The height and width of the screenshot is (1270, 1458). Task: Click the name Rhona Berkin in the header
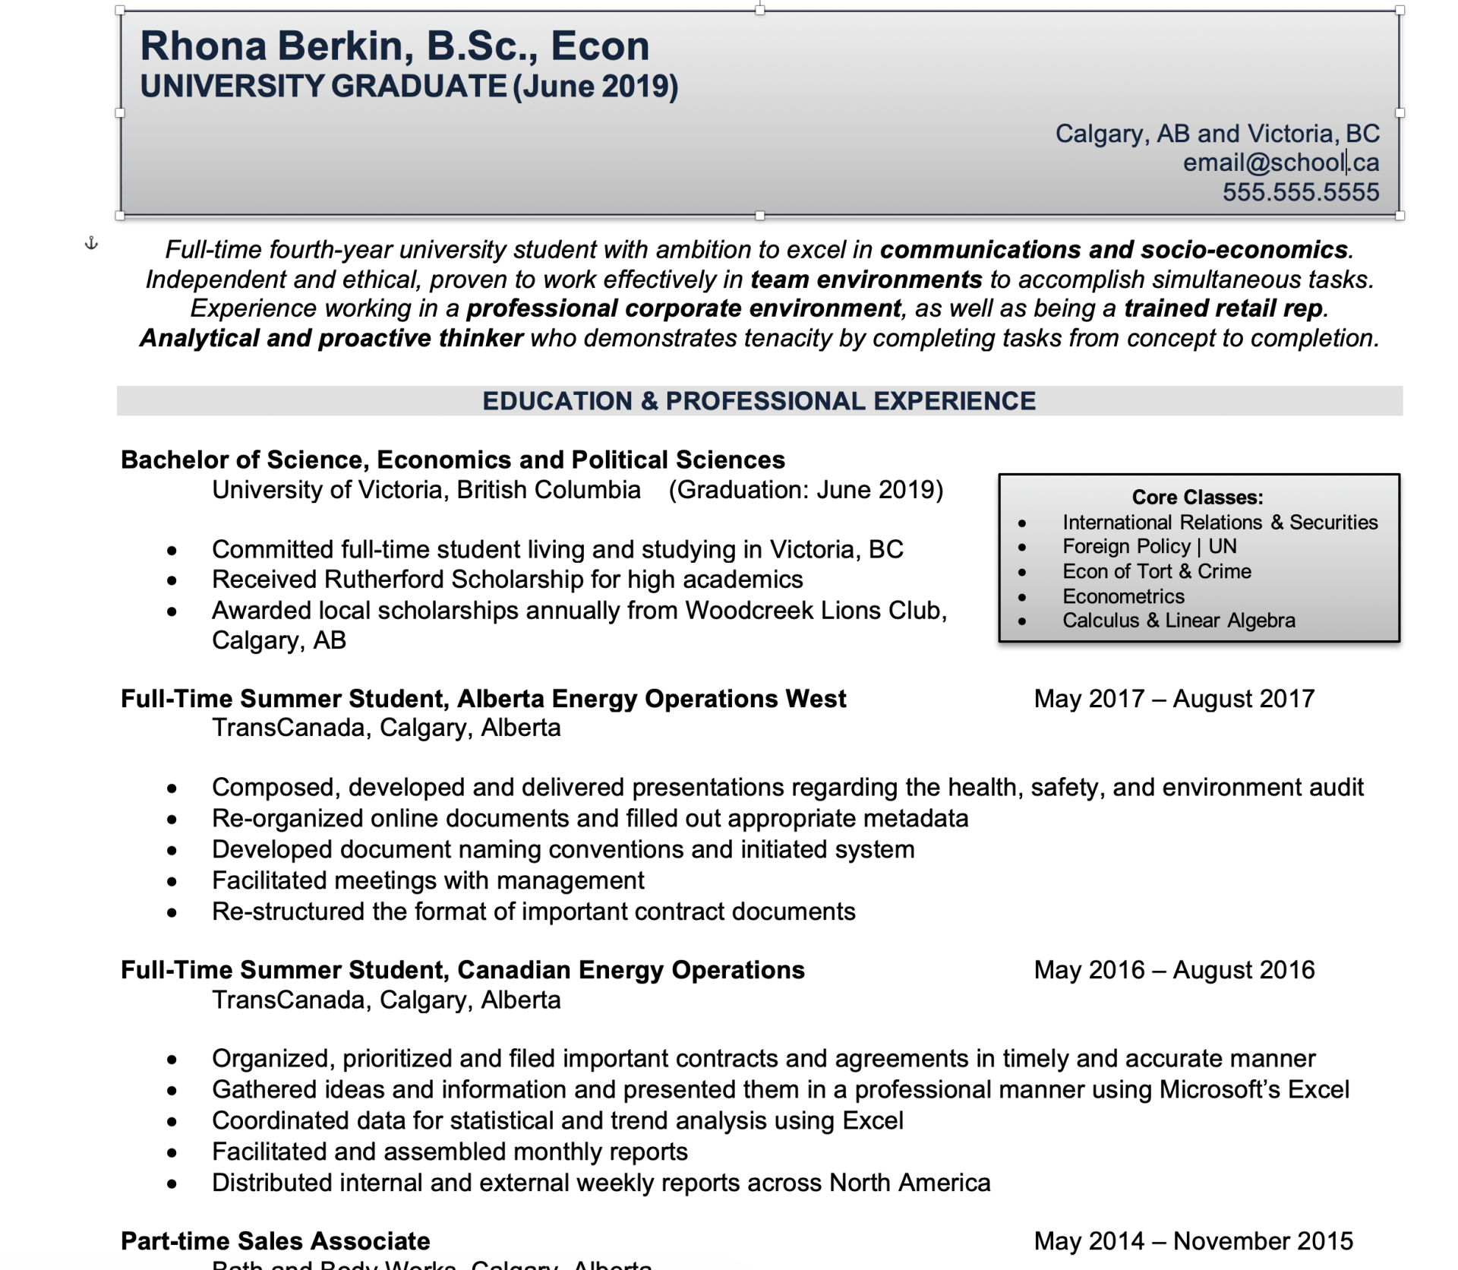276,46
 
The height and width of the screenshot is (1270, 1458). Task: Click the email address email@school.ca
1280,163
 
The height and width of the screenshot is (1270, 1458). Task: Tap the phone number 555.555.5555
1300,192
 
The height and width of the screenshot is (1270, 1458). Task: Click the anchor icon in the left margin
91,244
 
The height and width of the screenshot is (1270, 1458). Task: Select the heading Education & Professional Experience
759,401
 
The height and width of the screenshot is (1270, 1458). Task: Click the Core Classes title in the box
1197,498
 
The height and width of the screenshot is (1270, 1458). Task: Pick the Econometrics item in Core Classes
1123,596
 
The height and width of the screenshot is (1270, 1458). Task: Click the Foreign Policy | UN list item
1149,547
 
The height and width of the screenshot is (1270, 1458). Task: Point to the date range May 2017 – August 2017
1173,699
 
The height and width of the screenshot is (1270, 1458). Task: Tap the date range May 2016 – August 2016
1173,970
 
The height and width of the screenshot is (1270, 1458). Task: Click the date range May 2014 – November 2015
1193,1241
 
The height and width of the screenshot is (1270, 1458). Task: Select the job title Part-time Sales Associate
275,1241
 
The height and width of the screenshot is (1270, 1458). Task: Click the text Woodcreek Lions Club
814,611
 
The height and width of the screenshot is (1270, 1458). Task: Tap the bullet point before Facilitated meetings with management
172,881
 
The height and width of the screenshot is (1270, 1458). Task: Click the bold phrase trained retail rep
1223,308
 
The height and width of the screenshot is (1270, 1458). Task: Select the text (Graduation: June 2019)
805,490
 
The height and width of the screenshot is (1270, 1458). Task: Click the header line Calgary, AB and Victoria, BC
1217,134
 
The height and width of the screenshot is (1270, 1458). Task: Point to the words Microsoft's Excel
1254,1090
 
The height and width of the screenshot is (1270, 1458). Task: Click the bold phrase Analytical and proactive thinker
331,338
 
